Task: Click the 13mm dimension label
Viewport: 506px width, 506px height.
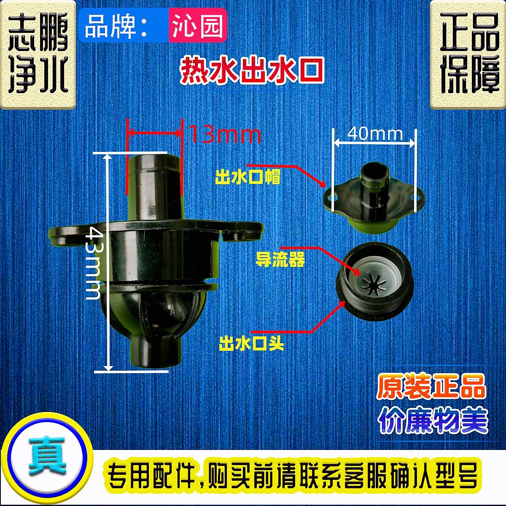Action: [x=225, y=135]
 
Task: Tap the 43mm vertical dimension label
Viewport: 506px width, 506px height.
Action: [x=92, y=263]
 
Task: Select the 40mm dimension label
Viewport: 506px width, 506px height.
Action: [x=375, y=134]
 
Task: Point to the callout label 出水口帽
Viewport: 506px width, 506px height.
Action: [x=248, y=177]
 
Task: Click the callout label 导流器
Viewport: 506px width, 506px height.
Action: [x=280, y=259]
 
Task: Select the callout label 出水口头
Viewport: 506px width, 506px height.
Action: [x=251, y=344]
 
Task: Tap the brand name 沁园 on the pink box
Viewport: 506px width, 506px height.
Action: [x=197, y=26]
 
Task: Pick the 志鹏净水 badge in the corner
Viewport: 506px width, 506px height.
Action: [x=38, y=54]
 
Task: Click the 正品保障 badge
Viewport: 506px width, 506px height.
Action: [x=468, y=54]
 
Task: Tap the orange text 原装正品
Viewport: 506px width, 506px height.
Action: [x=431, y=387]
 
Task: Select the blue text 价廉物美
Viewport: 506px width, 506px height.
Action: [x=433, y=420]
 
